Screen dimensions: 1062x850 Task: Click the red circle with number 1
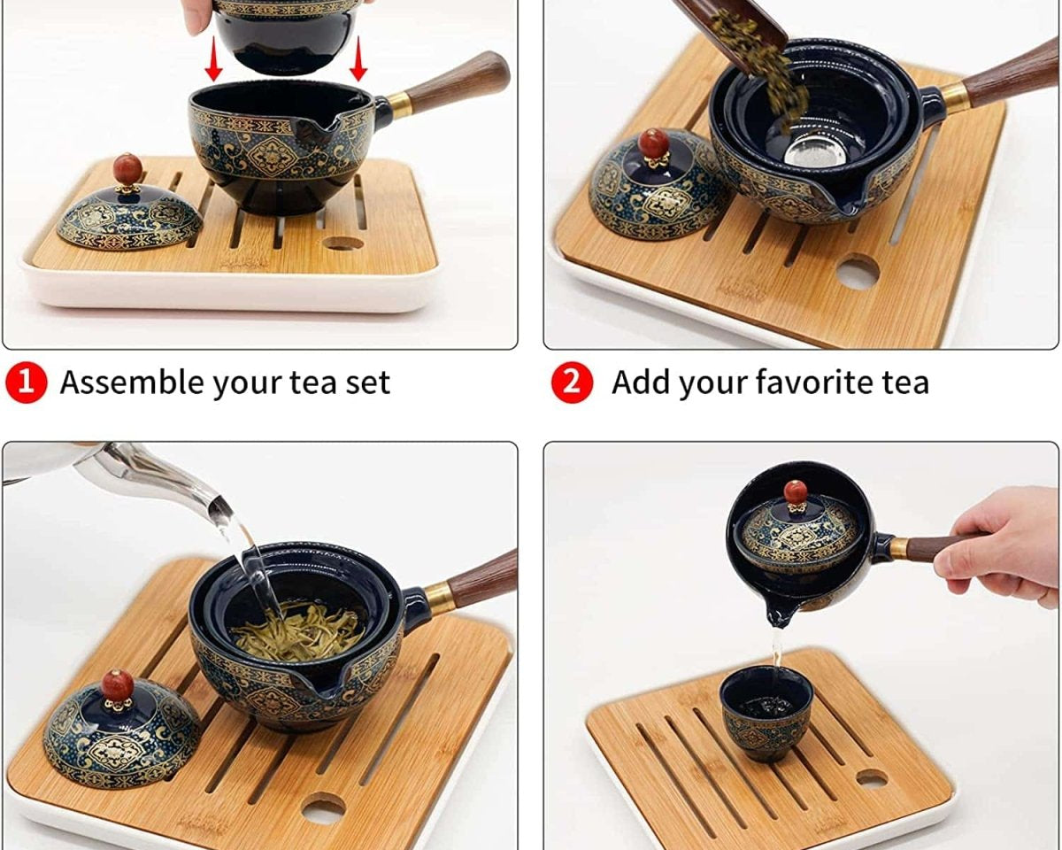click(x=27, y=383)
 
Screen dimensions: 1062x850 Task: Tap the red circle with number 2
click(x=572, y=382)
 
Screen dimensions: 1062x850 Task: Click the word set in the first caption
click(x=367, y=383)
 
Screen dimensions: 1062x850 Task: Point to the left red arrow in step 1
click(x=213, y=58)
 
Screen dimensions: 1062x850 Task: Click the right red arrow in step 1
click(x=358, y=58)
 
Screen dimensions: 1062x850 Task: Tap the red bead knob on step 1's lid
click(x=127, y=169)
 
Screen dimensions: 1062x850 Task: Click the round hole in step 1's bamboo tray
click(x=343, y=243)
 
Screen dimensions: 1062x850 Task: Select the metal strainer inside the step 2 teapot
click(x=808, y=151)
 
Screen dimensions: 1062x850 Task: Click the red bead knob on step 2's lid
click(x=653, y=143)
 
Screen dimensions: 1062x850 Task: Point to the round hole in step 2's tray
click(x=858, y=271)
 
